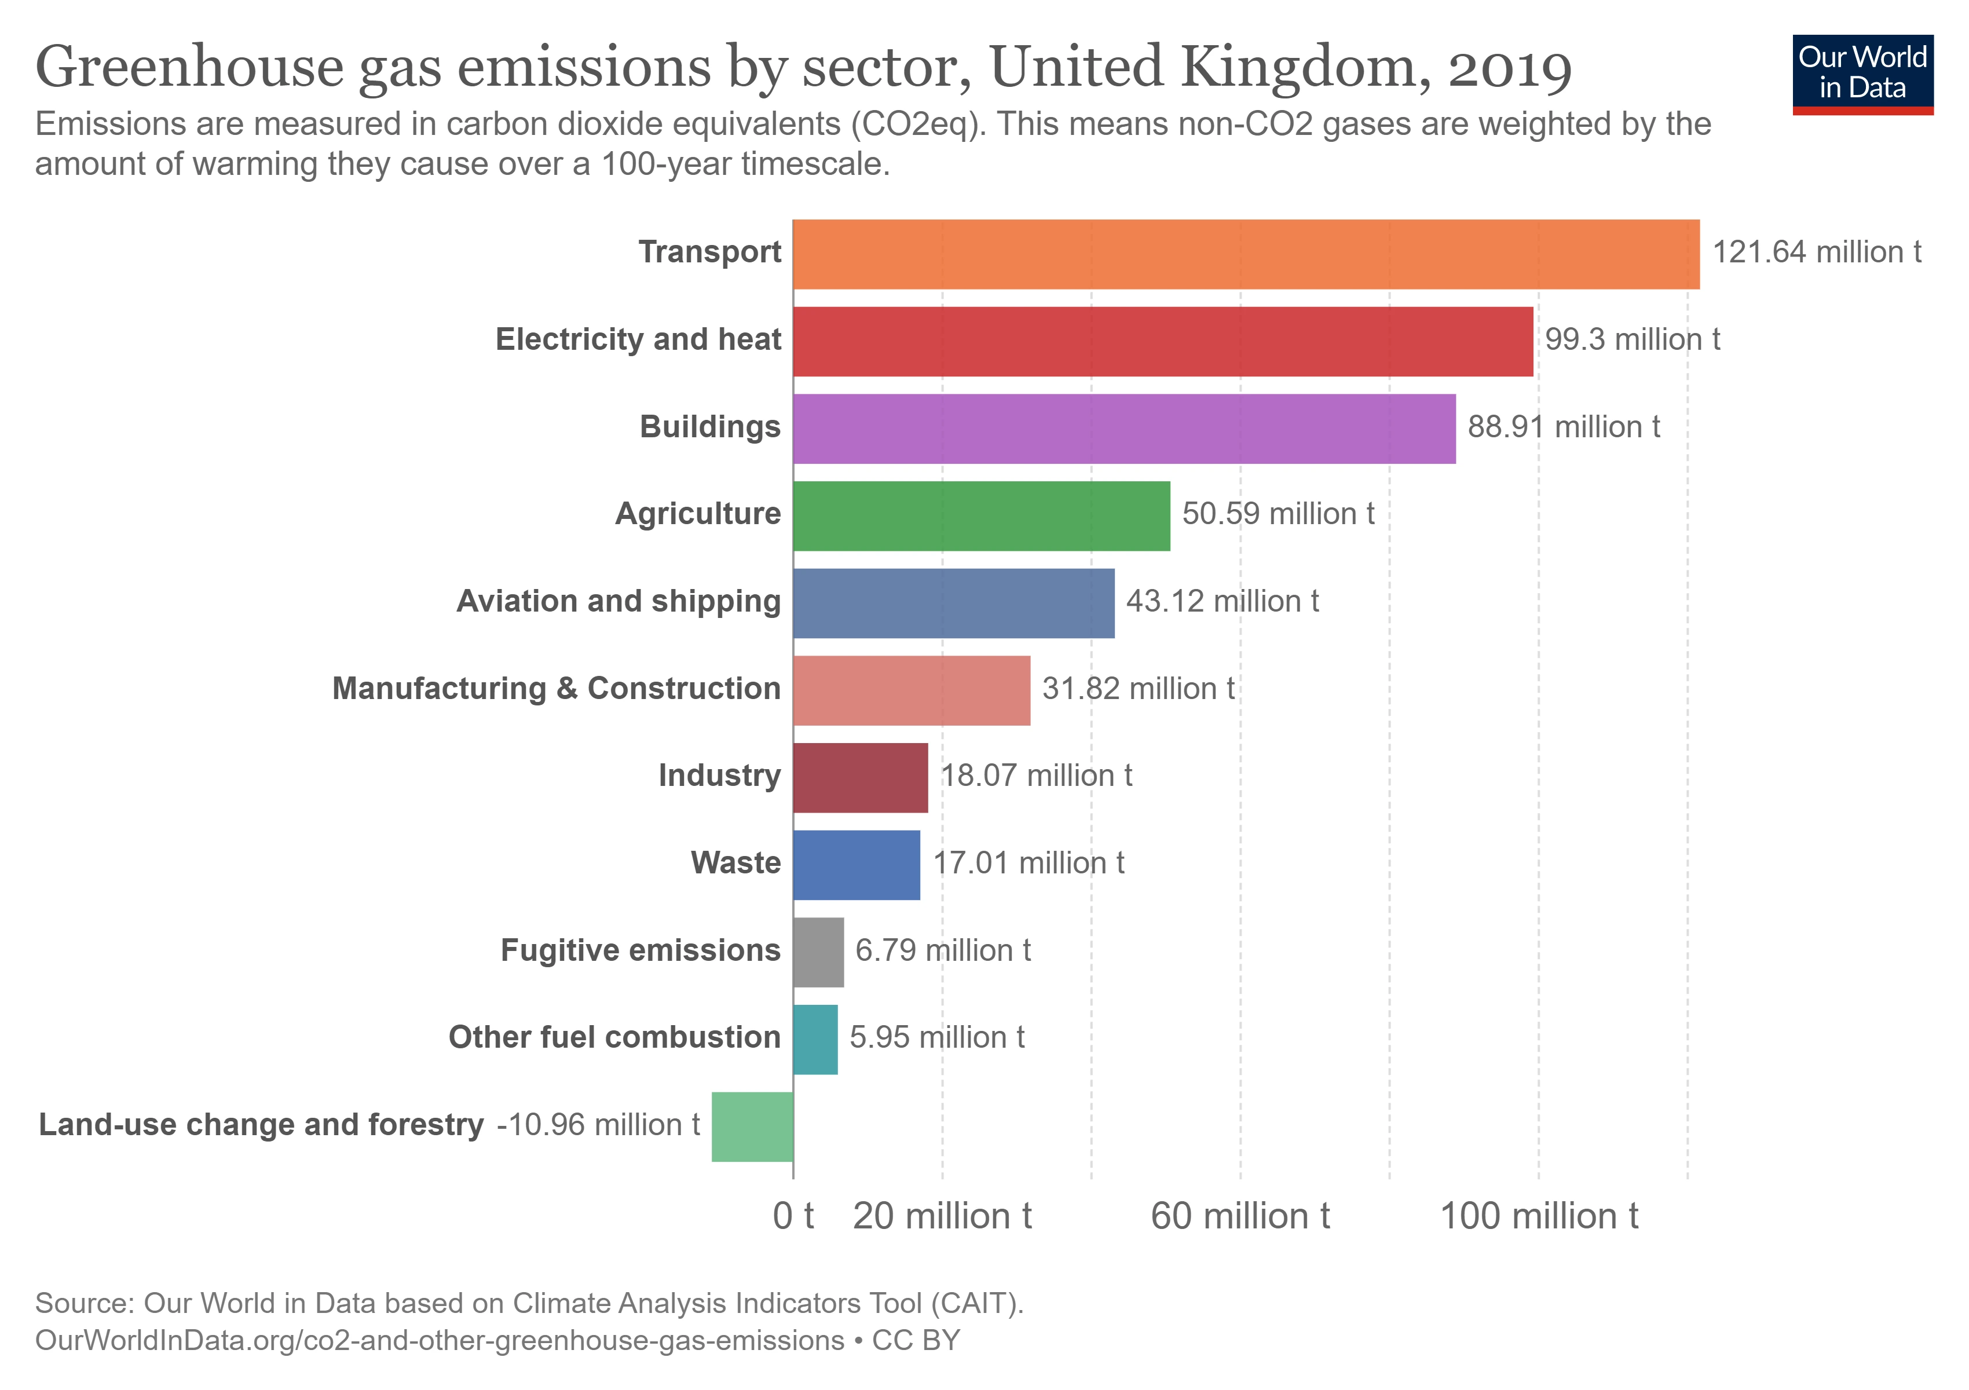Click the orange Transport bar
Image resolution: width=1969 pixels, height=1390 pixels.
[x=1245, y=255]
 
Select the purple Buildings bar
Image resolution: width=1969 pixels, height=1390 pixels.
[x=1123, y=429]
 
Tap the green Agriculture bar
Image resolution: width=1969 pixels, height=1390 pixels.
[x=981, y=516]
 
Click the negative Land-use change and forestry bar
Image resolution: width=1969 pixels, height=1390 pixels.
[x=752, y=1126]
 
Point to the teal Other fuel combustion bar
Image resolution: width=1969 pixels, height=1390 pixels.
[x=815, y=1039]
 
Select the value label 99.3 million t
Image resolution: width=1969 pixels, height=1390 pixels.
[x=1632, y=339]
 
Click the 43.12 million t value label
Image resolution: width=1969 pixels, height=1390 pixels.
[x=1222, y=601]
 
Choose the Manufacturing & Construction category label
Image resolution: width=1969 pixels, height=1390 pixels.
[x=556, y=689]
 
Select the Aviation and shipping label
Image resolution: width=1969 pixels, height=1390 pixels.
[x=618, y=601]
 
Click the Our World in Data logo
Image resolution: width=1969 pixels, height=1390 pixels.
[x=1862, y=74]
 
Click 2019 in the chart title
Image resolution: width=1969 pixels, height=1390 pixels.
[x=1509, y=68]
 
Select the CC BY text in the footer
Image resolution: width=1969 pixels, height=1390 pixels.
[x=916, y=1340]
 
